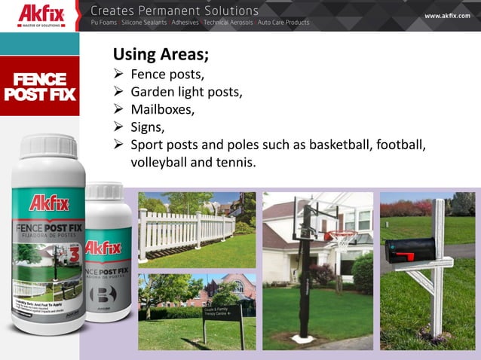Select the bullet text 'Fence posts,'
tap(167, 75)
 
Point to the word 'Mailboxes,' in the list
tap(163, 109)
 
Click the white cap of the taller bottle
tap(50, 145)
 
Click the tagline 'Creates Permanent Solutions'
tap(174, 11)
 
